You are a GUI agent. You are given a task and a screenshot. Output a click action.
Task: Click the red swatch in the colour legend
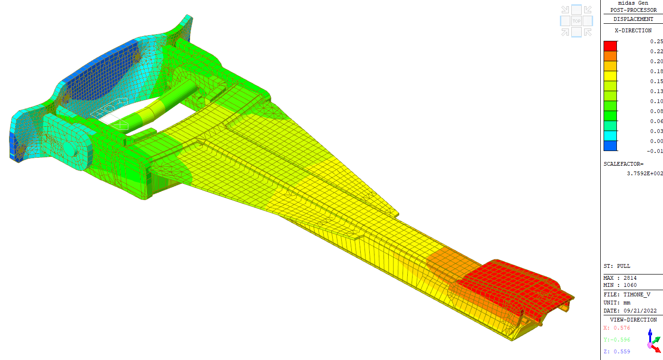point(610,46)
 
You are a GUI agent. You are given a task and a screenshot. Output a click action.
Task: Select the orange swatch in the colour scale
point(610,56)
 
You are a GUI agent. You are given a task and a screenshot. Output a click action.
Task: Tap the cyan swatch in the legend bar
point(610,136)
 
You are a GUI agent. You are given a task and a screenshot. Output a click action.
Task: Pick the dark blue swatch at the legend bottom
point(610,146)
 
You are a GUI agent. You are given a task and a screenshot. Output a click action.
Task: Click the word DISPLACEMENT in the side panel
point(633,19)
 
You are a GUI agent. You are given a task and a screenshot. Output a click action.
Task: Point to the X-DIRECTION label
point(633,30)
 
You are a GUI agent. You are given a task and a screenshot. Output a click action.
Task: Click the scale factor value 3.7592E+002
point(645,173)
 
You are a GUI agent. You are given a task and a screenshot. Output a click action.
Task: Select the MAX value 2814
point(630,278)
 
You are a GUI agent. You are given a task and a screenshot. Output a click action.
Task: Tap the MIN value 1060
point(630,285)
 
